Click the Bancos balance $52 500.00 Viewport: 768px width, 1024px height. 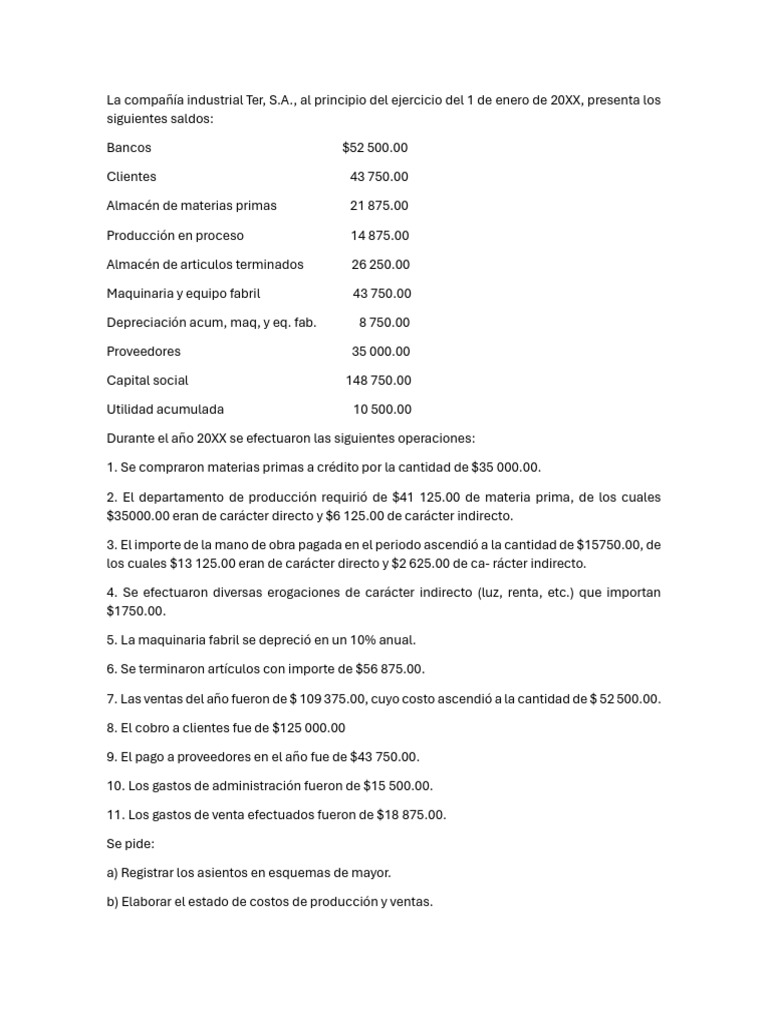pos(374,148)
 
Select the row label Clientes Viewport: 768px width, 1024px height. pos(131,177)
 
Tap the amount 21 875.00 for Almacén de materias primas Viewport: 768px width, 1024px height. pos(379,206)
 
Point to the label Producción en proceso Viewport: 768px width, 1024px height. pos(175,236)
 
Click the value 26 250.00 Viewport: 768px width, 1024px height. pos(380,265)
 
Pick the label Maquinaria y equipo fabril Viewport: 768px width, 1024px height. pos(183,294)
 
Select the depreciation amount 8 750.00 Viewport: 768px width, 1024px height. pos(384,323)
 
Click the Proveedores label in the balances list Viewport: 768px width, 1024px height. pos(143,352)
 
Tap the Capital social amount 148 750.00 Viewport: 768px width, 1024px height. pos(378,381)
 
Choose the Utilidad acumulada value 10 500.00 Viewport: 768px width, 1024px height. pos(382,410)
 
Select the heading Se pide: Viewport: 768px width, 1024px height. pos(131,844)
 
